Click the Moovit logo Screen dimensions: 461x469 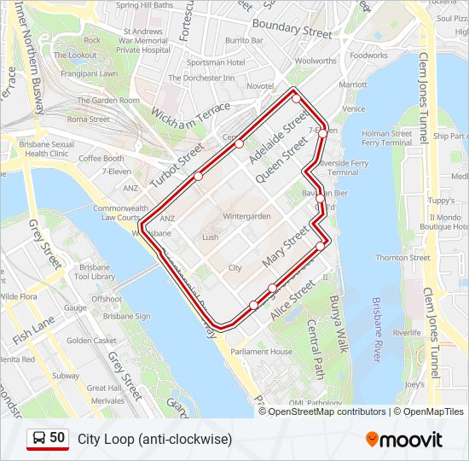(x=404, y=440)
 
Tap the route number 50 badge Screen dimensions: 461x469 (x=48, y=439)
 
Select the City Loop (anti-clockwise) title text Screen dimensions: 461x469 (x=154, y=440)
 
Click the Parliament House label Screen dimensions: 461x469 (x=261, y=352)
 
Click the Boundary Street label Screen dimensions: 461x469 (x=292, y=29)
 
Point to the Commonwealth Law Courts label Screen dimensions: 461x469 (x=115, y=213)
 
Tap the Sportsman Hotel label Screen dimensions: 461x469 (x=216, y=62)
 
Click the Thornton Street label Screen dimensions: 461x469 (x=402, y=258)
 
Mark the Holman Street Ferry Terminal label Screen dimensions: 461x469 (x=386, y=138)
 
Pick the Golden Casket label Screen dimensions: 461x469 (x=91, y=340)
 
